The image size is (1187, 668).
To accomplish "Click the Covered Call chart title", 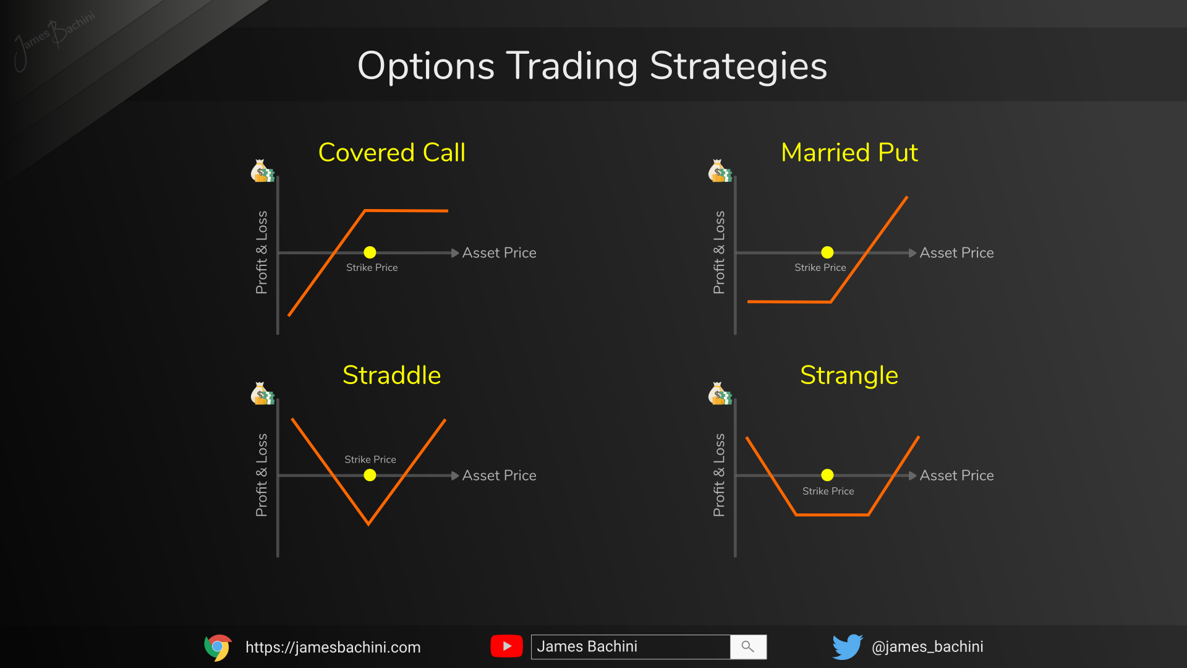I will tap(391, 153).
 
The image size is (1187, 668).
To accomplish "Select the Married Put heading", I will tap(849, 153).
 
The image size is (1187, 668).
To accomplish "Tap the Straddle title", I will tap(391, 375).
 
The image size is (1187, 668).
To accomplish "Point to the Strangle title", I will tap(849, 375).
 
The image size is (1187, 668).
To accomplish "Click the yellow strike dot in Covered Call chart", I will tap(370, 252).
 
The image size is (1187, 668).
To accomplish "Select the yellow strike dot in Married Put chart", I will tap(827, 252).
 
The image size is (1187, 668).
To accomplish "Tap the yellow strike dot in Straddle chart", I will tap(370, 475).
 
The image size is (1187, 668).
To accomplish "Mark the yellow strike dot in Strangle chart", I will tap(827, 475).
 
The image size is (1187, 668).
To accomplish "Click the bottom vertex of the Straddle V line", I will tap(368, 524).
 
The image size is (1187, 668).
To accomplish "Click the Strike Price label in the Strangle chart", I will tap(828, 491).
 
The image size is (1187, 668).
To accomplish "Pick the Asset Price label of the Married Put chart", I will tap(956, 253).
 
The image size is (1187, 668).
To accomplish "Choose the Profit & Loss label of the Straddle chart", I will tap(262, 475).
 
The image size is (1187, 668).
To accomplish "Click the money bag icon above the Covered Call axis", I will tap(262, 171).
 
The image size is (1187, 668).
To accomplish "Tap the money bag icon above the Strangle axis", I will tap(719, 394).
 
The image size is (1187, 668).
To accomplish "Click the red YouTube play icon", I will tap(506, 646).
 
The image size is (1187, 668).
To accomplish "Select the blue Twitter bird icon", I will tap(847, 647).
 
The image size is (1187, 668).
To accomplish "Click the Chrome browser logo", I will tap(218, 647).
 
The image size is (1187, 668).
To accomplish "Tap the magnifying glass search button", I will tap(748, 647).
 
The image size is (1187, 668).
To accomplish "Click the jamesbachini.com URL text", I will tap(333, 648).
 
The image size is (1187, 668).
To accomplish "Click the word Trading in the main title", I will tap(571, 66).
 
